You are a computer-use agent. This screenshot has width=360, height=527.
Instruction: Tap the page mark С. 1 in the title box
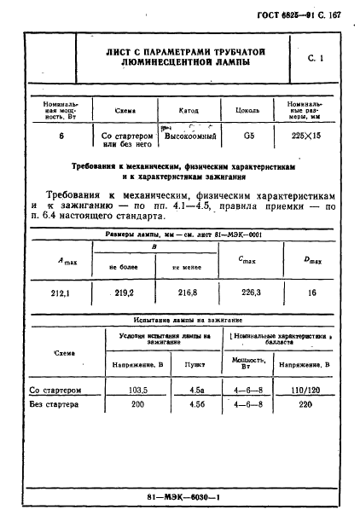click(314, 56)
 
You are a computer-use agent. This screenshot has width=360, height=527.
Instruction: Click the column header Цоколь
click(247, 110)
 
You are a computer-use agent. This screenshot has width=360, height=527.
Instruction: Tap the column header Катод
click(188, 110)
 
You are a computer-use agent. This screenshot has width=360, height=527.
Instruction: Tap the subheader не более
click(124, 267)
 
